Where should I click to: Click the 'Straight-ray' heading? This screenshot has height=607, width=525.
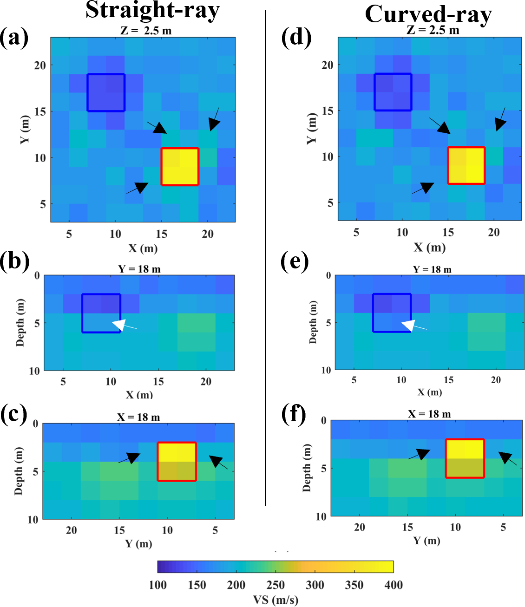(152, 10)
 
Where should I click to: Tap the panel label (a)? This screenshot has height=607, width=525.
(14, 37)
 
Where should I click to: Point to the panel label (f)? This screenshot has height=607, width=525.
(294, 414)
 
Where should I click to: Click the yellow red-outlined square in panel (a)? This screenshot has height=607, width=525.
(180, 167)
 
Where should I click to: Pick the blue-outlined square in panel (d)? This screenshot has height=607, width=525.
(393, 92)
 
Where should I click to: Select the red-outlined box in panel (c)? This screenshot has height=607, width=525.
(177, 461)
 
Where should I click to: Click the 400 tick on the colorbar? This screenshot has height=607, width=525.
(393, 585)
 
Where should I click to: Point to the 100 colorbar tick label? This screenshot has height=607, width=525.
(158, 585)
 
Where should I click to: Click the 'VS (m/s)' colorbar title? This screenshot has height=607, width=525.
(276, 600)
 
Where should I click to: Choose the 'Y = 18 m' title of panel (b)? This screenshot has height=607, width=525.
(139, 269)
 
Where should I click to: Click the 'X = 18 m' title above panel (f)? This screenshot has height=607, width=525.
(429, 414)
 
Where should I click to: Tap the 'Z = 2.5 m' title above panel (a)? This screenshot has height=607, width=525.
(146, 31)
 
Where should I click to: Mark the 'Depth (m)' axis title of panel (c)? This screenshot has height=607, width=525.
(19, 471)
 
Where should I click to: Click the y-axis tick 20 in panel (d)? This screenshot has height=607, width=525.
(328, 65)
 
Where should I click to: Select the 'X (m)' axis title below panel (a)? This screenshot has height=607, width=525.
(143, 248)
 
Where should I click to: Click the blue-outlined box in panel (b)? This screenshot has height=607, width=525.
(101, 313)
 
